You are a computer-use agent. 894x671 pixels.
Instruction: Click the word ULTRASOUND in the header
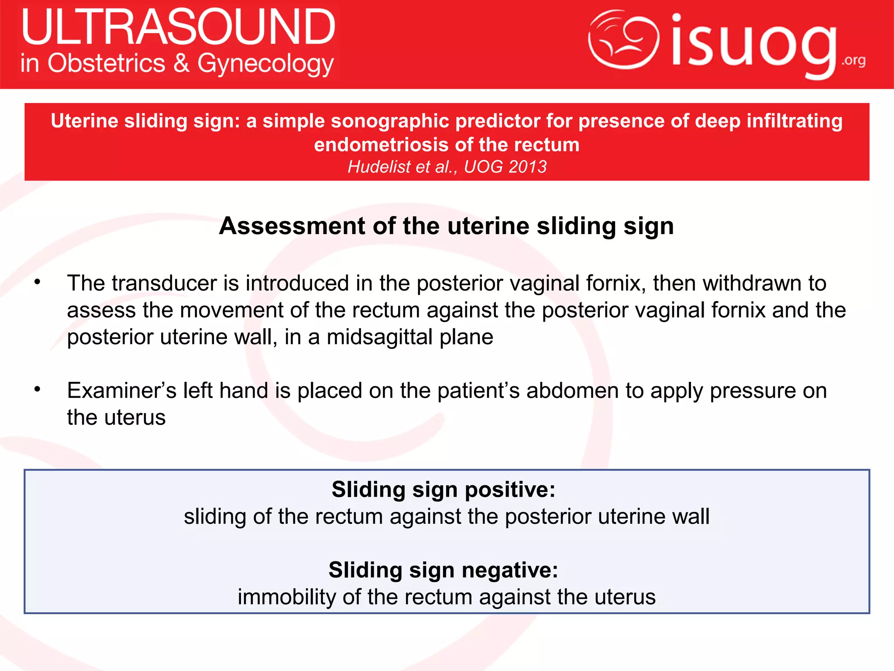point(178,27)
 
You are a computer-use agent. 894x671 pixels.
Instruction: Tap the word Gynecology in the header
point(265,64)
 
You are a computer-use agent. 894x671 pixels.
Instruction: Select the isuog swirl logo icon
point(623,39)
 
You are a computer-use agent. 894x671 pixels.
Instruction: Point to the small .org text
point(853,60)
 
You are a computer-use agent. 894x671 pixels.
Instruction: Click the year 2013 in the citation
point(527,167)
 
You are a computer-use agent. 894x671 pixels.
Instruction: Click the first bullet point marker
point(38,282)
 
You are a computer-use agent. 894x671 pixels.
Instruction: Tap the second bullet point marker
point(38,389)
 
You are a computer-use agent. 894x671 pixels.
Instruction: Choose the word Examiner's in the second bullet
point(121,391)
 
